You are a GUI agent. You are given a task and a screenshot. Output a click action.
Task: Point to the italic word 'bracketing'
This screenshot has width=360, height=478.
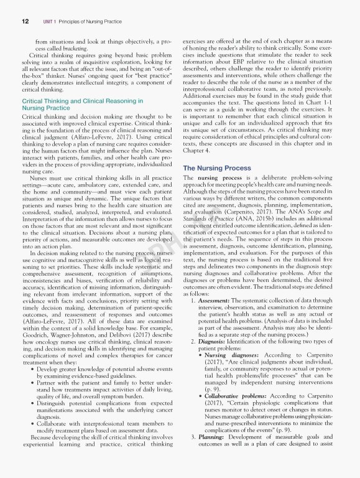tap(66, 47)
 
